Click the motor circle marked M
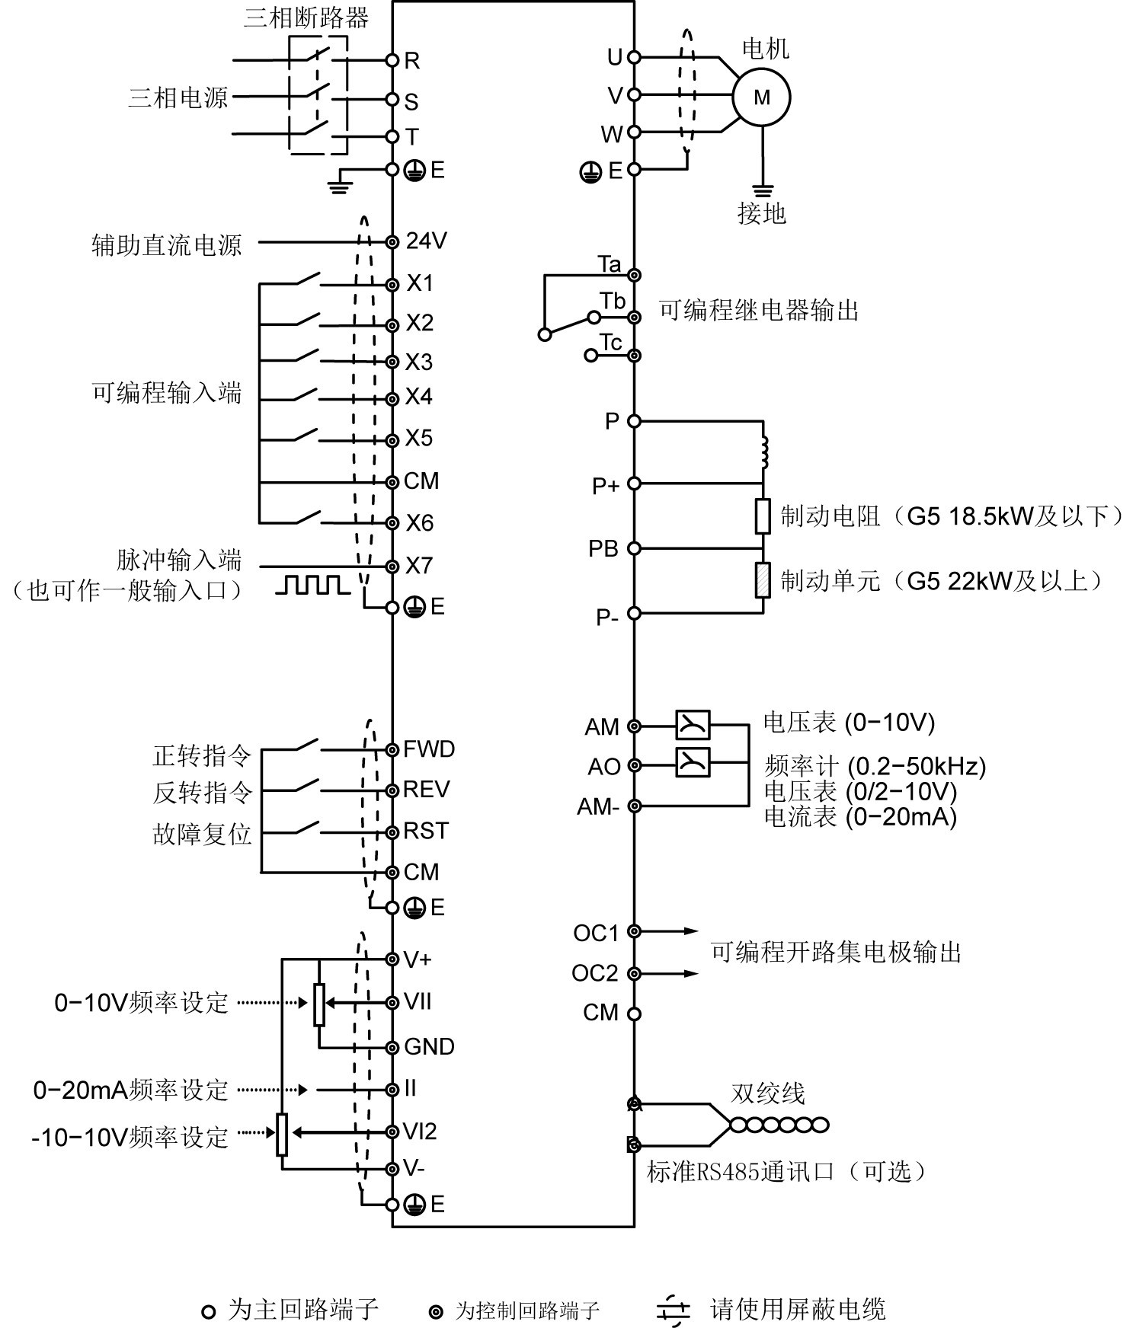pyautogui.click(x=761, y=97)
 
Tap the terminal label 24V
pyautogui.click(x=426, y=241)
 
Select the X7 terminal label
pyautogui.click(x=419, y=566)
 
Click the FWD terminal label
pyautogui.click(x=429, y=749)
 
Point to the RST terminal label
pyautogui.click(x=426, y=831)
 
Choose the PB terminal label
pyautogui.click(x=603, y=548)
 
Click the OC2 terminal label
pyautogui.click(x=594, y=973)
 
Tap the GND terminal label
pyautogui.click(x=429, y=1047)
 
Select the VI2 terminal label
pyautogui.click(x=420, y=1132)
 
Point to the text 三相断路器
pyautogui.click(x=306, y=18)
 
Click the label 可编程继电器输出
pyautogui.click(x=759, y=311)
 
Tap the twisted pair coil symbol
pyautogui.click(x=779, y=1125)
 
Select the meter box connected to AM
pyautogui.click(x=693, y=725)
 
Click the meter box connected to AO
pyautogui.click(x=693, y=762)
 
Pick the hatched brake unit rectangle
pyautogui.click(x=763, y=580)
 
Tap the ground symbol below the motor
pyautogui.click(x=761, y=190)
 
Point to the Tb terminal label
pyautogui.click(x=612, y=302)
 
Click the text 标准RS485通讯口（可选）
pyautogui.click(x=786, y=1171)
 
